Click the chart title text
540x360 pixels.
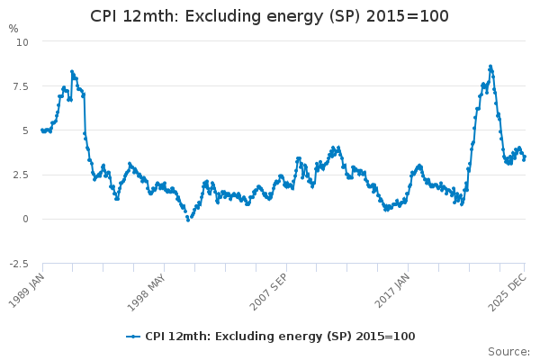tap(269, 16)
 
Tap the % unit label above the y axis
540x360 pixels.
tap(13, 29)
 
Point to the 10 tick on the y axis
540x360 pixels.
tap(22, 42)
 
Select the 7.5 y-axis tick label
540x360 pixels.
tap(21, 86)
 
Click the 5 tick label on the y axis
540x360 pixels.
tap(25, 130)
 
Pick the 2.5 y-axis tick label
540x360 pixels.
tap(21, 175)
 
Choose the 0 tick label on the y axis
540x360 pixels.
tap(25, 219)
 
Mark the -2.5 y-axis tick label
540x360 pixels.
tap(19, 264)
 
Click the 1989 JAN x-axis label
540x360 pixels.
tap(26, 291)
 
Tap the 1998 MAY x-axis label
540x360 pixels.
tap(147, 292)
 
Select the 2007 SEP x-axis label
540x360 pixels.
tap(268, 292)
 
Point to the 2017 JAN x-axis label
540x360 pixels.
tap(392, 291)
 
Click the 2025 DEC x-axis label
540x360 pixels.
tap(508, 292)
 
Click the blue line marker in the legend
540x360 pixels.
tap(133, 337)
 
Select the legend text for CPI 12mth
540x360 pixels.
tap(280, 337)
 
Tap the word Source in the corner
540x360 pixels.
tap(508, 352)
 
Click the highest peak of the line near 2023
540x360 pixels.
tap(490, 66)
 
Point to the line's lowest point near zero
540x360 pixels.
tap(188, 220)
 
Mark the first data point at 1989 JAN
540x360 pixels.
tap(42, 130)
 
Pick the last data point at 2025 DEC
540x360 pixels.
tap(525, 157)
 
